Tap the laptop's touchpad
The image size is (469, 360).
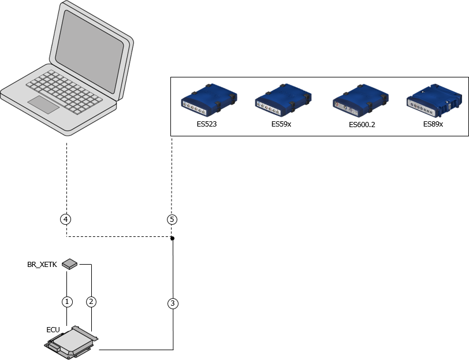44,105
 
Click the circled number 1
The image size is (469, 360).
67,302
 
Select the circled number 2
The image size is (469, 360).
91,302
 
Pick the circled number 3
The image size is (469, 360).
173,303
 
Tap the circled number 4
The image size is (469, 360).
66,220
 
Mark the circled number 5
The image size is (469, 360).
172,220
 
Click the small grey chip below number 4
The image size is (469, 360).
69,264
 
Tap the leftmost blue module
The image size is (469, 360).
209,97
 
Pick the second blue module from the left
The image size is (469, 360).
283,97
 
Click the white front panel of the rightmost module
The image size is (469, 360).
425,106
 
